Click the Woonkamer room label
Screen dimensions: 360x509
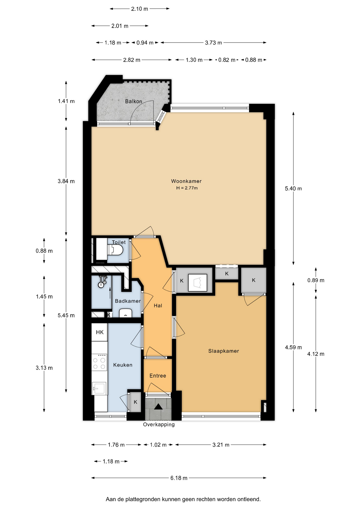tap(186, 181)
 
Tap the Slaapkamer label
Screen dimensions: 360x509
tap(223, 351)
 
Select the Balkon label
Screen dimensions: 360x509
tap(133, 101)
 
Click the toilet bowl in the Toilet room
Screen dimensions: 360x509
tap(115, 250)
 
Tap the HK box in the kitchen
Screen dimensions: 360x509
tap(100, 332)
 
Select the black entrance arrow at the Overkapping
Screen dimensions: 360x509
tap(158, 406)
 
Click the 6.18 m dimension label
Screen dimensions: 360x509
tap(179, 478)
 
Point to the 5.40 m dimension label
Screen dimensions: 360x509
tap(293, 188)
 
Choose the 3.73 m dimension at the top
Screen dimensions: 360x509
tap(213, 42)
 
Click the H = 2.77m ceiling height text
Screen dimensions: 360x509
tap(187, 188)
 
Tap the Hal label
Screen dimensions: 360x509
tap(158, 305)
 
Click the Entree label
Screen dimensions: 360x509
tap(158, 375)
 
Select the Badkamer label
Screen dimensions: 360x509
tap(128, 301)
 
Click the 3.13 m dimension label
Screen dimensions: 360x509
tap(44, 368)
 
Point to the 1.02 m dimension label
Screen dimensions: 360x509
tap(158, 445)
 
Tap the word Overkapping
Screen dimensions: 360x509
tap(159, 424)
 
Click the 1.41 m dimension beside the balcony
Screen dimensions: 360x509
tap(66, 101)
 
